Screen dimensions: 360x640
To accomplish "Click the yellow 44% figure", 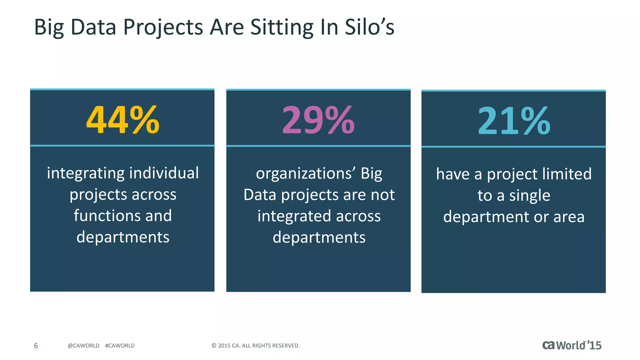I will pyautogui.click(x=122, y=120).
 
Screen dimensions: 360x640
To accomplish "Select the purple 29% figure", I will pyautogui.click(x=318, y=120).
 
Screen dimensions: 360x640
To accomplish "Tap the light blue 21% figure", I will pyautogui.click(x=514, y=121).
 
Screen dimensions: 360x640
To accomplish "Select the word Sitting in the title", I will pyautogui.click(x=282, y=27).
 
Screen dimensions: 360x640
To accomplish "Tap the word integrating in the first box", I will pyautogui.click(x=85, y=174).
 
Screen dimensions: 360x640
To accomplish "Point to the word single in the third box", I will pyautogui.click(x=529, y=196).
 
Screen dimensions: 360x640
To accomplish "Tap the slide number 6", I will pyautogui.click(x=36, y=346).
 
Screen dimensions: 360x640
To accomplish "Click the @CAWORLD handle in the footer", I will pyautogui.click(x=83, y=346).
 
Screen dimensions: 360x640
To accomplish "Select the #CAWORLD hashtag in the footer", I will pyautogui.click(x=120, y=346).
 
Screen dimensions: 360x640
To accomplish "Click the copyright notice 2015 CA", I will pyautogui.click(x=255, y=346).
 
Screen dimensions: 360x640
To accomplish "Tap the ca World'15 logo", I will pyautogui.click(x=572, y=345).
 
